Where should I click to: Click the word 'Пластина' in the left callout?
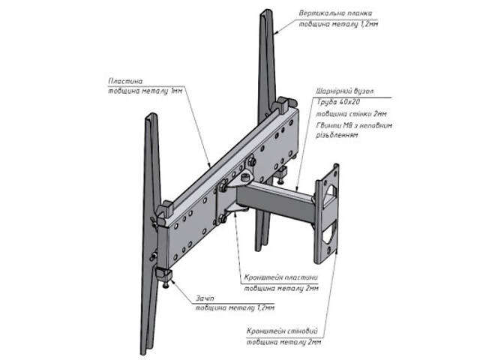click(124, 79)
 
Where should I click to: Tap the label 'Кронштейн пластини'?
click(281, 277)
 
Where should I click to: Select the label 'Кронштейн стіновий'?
click(283, 330)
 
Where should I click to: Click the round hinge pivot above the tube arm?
click(244, 176)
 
